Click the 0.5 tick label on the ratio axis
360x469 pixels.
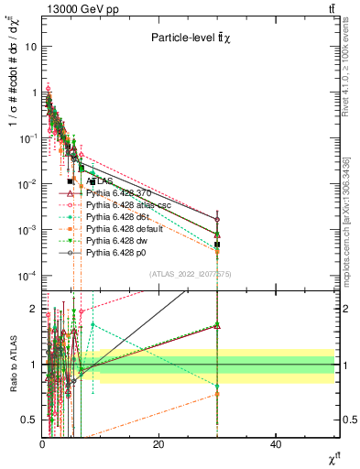click(x=30, y=420)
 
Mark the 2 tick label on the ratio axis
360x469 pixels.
click(x=35, y=308)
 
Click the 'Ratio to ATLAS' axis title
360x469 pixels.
click(x=11, y=365)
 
